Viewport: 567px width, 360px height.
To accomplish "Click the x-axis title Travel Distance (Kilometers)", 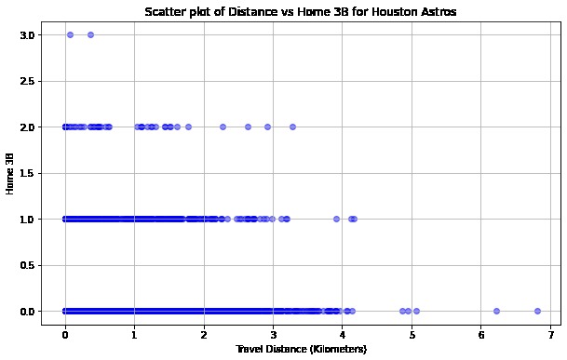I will pos(301,349).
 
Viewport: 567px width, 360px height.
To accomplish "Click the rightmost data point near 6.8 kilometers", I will pos(537,311).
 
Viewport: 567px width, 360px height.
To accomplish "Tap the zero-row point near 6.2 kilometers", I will pos(496,311).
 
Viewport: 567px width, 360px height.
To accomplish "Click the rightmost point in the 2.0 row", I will pos(292,127).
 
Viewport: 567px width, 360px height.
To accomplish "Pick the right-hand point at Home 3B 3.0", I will pos(90,34).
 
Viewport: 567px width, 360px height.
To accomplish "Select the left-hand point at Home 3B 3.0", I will pos(70,34).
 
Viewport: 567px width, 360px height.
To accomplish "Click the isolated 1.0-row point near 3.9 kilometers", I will pos(336,219).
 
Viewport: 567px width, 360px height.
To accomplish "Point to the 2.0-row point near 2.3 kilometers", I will pos(223,127).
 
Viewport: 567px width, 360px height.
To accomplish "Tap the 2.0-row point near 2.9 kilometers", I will pos(267,127).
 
